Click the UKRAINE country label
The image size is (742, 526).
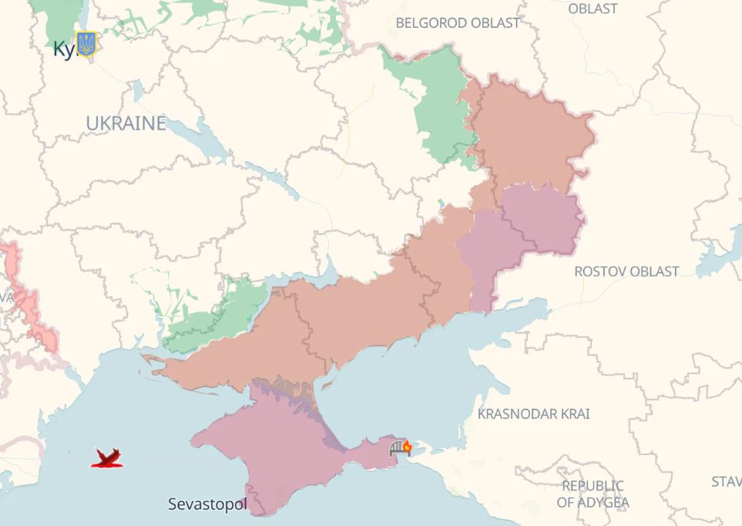pyautogui.click(x=126, y=123)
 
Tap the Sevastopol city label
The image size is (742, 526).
pyautogui.click(x=208, y=504)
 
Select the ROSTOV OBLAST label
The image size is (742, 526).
pyautogui.click(x=626, y=271)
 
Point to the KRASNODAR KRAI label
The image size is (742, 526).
pyautogui.click(x=534, y=414)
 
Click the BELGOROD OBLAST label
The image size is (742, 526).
pyautogui.click(x=458, y=23)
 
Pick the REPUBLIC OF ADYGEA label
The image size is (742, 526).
pyautogui.click(x=593, y=494)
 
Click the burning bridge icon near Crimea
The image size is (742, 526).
pyautogui.click(x=401, y=448)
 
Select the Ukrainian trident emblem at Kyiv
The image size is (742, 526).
pyautogui.click(x=86, y=44)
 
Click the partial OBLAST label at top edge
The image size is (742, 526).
pyautogui.click(x=593, y=8)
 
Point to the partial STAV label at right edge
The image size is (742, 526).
pyautogui.click(x=726, y=482)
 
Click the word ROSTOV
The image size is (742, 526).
pyautogui.click(x=600, y=271)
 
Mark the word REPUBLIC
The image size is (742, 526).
pyautogui.click(x=593, y=486)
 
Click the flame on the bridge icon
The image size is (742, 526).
pyautogui.click(x=407, y=446)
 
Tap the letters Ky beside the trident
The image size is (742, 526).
pyautogui.click(x=63, y=49)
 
